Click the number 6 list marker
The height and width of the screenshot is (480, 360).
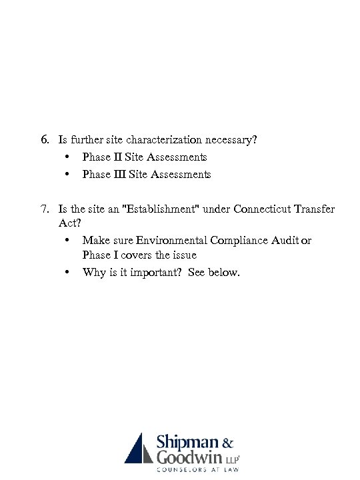[x=44, y=141]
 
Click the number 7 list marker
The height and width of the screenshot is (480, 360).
[x=44, y=209]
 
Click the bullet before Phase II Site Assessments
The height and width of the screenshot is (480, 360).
[x=68, y=158]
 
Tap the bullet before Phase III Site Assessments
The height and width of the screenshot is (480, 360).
[x=68, y=175]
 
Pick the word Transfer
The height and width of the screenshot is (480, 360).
[x=314, y=209]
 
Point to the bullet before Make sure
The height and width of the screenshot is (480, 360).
[x=68, y=241]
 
